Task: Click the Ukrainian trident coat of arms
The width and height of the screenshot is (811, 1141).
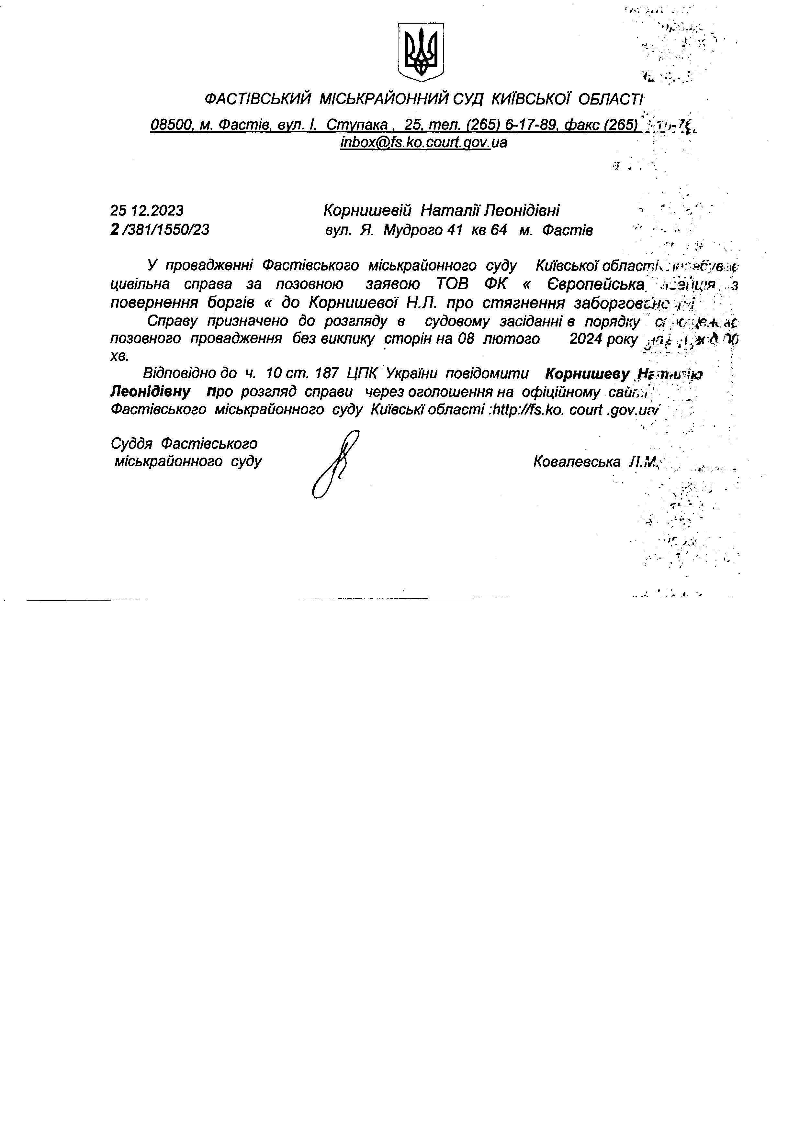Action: (421, 52)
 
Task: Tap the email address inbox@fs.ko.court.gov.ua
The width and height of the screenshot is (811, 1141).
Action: (423, 143)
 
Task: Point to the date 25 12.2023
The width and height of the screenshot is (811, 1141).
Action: (147, 210)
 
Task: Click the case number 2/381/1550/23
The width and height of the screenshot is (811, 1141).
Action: (160, 230)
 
